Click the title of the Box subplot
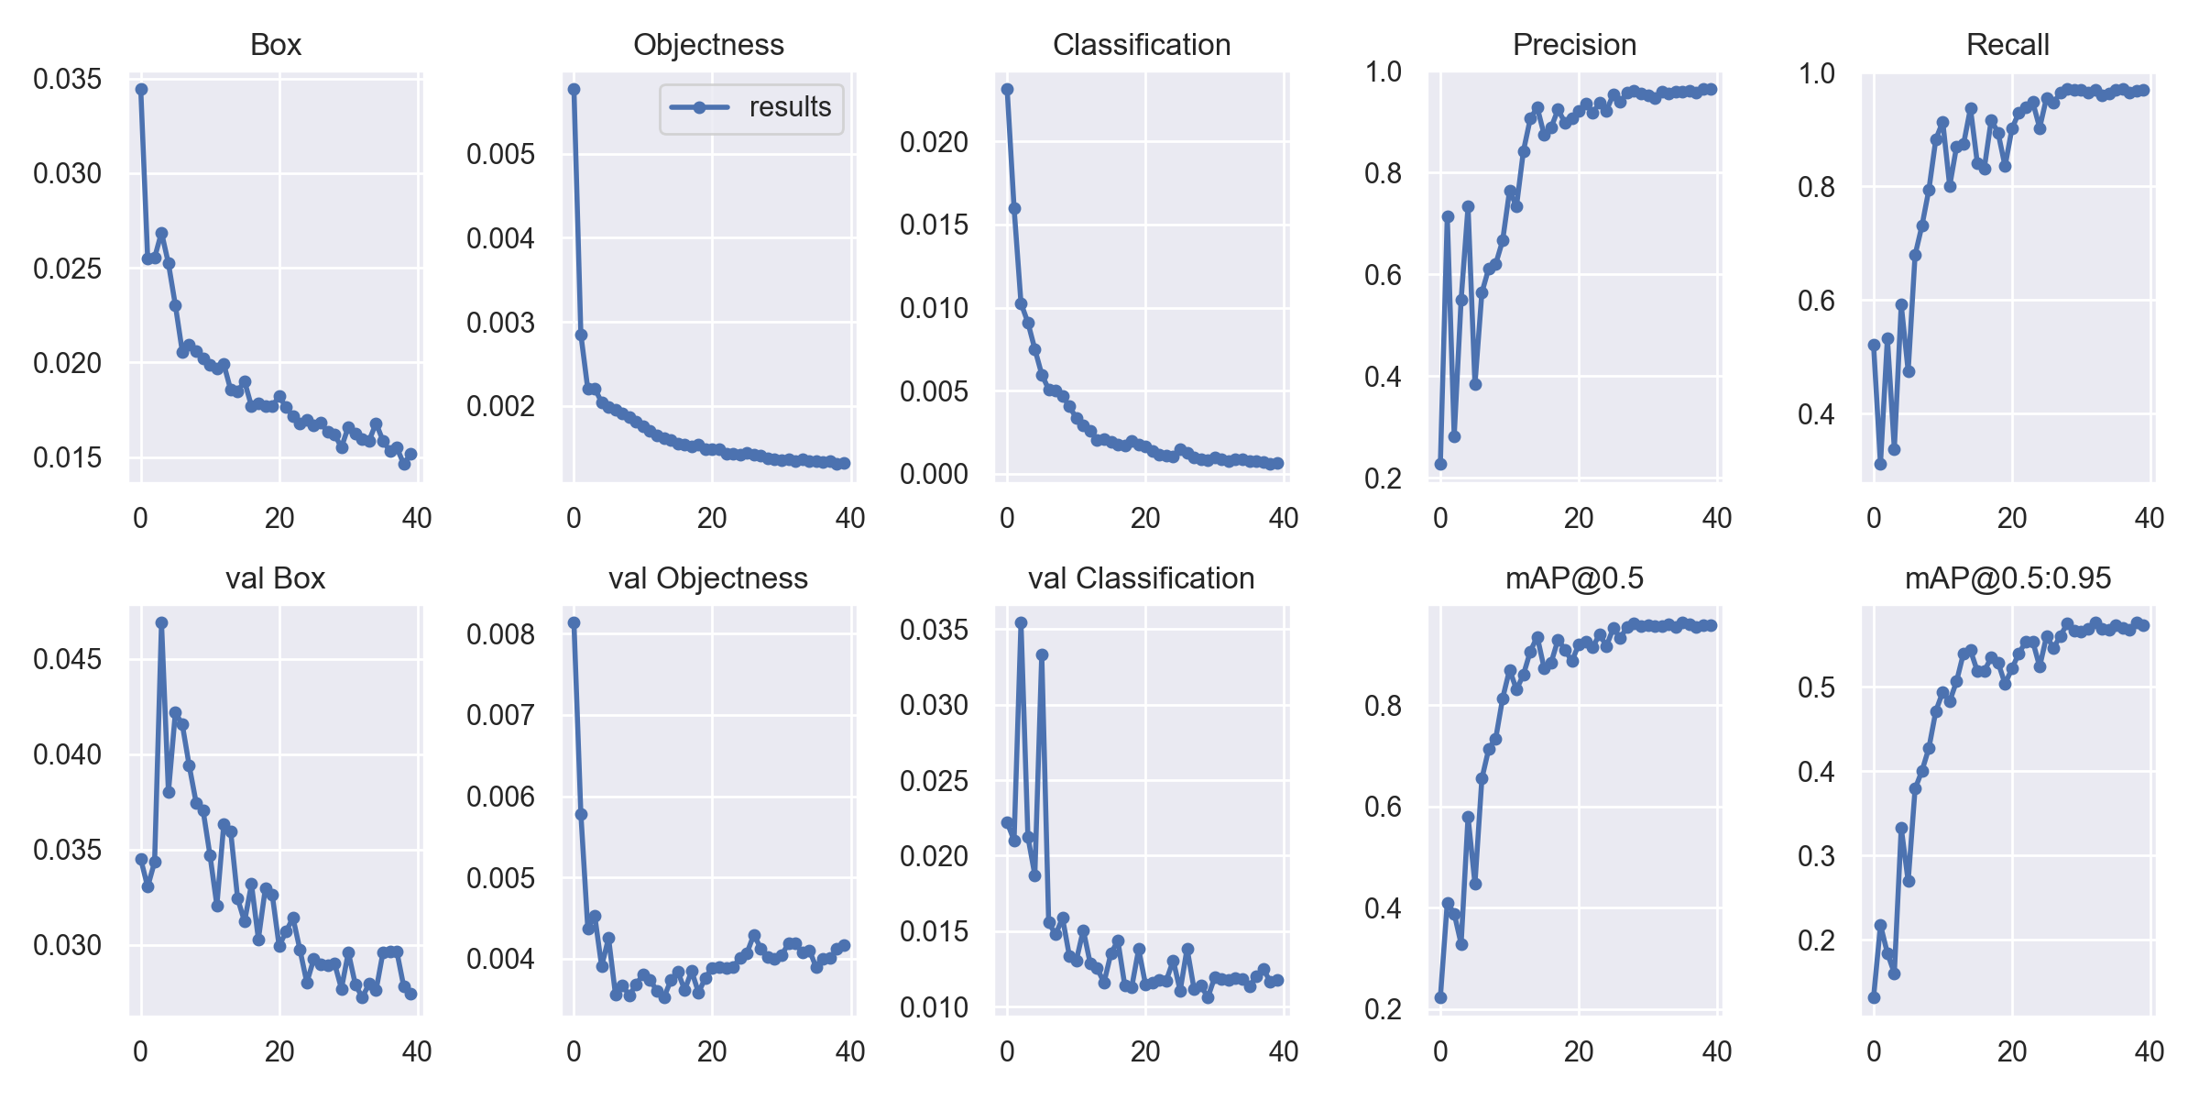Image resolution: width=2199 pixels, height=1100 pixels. point(275,45)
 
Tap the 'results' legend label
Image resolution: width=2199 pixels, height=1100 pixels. point(790,107)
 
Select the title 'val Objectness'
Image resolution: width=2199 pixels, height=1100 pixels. point(707,578)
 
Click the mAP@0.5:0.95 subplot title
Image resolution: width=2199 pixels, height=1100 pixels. point(2008,578)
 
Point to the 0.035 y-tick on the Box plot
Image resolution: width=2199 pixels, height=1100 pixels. point(67,79)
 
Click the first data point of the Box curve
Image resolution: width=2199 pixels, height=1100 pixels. point(141,89)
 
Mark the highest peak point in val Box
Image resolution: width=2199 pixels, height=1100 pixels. point(161,622)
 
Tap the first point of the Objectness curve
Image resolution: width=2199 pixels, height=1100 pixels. point(574,89)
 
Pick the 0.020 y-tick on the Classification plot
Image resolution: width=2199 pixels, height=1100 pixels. point(934,142)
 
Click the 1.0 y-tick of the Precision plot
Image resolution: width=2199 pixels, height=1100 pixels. point(1384,71)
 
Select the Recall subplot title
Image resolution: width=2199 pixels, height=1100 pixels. point(2007,45)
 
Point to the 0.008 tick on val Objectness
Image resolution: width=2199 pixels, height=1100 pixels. point(500,633)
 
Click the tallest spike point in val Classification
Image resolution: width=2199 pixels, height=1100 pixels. point(1021,622)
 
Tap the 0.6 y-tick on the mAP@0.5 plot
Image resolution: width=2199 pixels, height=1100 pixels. point(1384,807)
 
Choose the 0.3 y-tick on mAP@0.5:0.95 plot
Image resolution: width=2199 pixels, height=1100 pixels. point(1817,856)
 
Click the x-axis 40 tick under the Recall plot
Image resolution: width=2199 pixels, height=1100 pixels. point(2150,518)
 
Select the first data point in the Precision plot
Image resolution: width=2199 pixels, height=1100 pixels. point(1440,464)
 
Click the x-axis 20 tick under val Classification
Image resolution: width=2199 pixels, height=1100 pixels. point(1145,1051)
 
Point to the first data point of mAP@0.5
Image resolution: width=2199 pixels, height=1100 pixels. point(1440,997)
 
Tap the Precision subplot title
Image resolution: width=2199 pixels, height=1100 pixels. point(1574,45)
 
